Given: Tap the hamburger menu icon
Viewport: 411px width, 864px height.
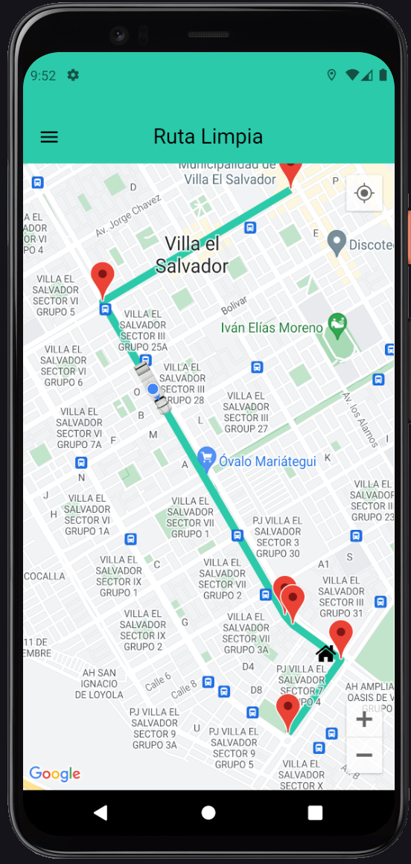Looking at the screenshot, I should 49,137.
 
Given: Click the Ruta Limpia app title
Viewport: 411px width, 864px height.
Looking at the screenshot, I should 208,136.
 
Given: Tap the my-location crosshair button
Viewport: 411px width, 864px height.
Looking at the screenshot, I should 364,193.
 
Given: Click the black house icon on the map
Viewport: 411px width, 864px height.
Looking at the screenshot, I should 325,653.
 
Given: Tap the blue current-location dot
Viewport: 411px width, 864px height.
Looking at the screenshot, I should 153,388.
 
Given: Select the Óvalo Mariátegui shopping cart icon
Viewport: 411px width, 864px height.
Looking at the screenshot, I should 206,459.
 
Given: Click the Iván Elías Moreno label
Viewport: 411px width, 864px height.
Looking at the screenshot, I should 272,327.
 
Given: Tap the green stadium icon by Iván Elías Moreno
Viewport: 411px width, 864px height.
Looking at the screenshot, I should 338,324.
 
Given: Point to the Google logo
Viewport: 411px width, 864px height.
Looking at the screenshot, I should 54,774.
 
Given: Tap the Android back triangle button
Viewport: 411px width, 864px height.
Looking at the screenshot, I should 101,813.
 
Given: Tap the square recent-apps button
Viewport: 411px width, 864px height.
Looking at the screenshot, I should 315,813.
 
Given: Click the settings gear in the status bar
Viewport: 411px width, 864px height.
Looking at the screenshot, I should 73,75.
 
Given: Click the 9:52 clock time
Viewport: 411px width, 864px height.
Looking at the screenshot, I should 43,75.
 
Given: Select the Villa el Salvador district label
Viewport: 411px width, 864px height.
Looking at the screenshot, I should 192,255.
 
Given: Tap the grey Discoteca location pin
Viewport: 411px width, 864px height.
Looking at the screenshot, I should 337,242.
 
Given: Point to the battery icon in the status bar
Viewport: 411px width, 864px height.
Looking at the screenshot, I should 383,75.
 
